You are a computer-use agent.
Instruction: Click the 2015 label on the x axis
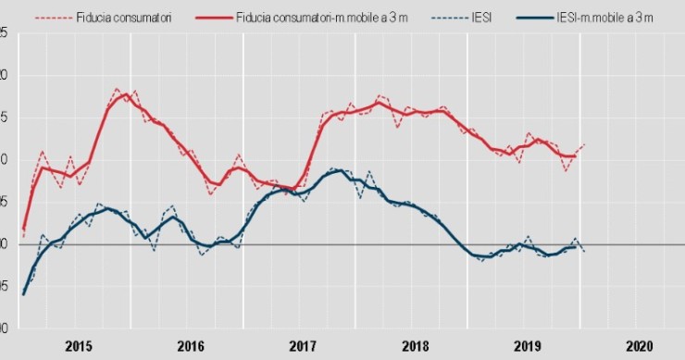click(x=78, y=346)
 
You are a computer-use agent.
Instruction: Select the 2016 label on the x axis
click(x=190, y=346)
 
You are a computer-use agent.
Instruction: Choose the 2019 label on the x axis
click(x=526, y=346)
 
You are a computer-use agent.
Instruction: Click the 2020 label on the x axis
click(x=638, y=346)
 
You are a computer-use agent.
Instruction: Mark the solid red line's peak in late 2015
click(x=126, y=94)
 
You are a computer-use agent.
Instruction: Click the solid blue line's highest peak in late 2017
click(x=337, y=171)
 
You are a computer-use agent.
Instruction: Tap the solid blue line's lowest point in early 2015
click(x=24, y=293)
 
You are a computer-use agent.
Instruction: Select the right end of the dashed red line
click(x=584, y=144)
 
